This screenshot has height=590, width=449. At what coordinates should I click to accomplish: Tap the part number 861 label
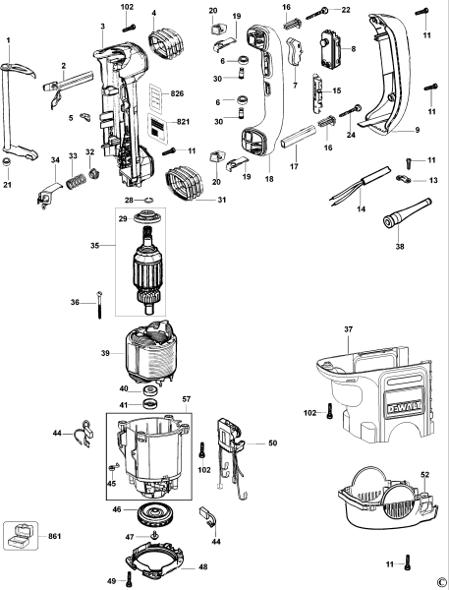(54, 535)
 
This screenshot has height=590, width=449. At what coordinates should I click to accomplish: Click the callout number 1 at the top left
(8, 39)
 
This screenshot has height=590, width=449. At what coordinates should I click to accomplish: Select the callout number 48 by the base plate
(203, 566)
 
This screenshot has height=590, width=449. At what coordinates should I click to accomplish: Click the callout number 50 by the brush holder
(272, 443)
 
